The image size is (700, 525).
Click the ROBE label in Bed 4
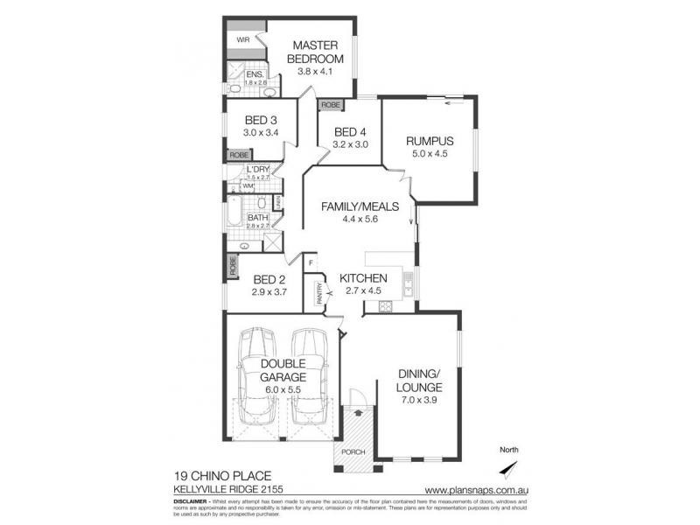click(331, 105)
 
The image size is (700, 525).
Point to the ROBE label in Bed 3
click(238, 155)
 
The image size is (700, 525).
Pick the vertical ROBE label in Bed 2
click(233, 266)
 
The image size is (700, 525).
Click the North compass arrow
click(513, 467)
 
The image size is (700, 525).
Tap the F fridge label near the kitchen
click(310, 261)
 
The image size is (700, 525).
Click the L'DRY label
click(257, 169)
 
